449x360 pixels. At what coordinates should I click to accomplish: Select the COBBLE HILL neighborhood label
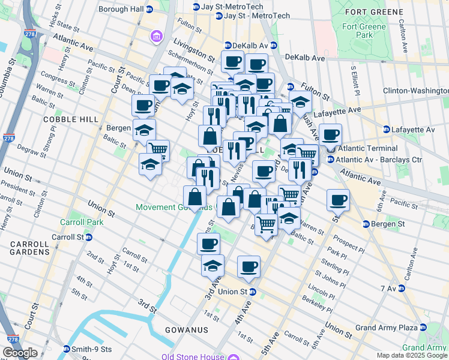click(70, 119)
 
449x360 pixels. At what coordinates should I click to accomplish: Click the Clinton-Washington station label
click(415, 91)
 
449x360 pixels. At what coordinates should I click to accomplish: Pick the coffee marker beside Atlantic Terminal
click(330, 134)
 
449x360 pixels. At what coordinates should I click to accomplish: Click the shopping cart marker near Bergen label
click(158, 149)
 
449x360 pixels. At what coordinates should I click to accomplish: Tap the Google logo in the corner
click(20, 353)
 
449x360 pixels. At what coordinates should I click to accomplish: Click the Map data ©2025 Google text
click(411, 355)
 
